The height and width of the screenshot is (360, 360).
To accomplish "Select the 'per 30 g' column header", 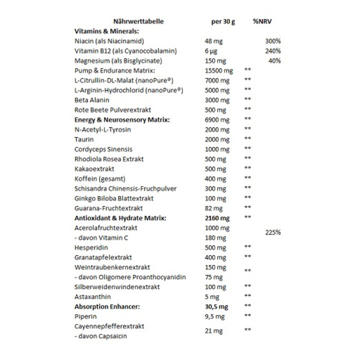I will [x=223, y=21].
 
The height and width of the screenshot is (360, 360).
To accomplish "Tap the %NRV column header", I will [x=262, y=21].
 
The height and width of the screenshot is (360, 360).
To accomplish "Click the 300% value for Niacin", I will [x=273, y=41].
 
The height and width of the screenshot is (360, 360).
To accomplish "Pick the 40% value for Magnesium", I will [x=274, y=60].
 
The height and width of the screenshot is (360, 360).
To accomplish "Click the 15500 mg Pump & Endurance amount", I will [x=219, y=70].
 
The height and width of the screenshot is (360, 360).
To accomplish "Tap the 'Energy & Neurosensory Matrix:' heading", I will [x=122, y=119].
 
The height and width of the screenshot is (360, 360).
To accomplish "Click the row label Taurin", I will [x=84, y=139].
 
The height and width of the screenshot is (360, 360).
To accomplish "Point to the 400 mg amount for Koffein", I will [x=215, y=178].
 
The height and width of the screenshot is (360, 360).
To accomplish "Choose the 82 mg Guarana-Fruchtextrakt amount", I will [x=213, y=208].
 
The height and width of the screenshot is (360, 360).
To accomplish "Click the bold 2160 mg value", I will [x=217, y=218].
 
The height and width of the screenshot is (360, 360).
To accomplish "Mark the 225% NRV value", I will [x=273, y=232].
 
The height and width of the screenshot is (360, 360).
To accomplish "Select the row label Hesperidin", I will [x=91, y=247].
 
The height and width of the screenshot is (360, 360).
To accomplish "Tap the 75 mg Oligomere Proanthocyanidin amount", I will [x=213, y=277].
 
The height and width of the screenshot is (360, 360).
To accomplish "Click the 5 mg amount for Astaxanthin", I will [x=212, y=296].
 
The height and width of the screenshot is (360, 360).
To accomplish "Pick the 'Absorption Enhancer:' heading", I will [x=106, y=306].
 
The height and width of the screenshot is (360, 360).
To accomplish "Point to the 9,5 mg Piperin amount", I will [x=215, y=316].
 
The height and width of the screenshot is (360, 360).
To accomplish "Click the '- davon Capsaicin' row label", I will [x=100, y=336].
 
